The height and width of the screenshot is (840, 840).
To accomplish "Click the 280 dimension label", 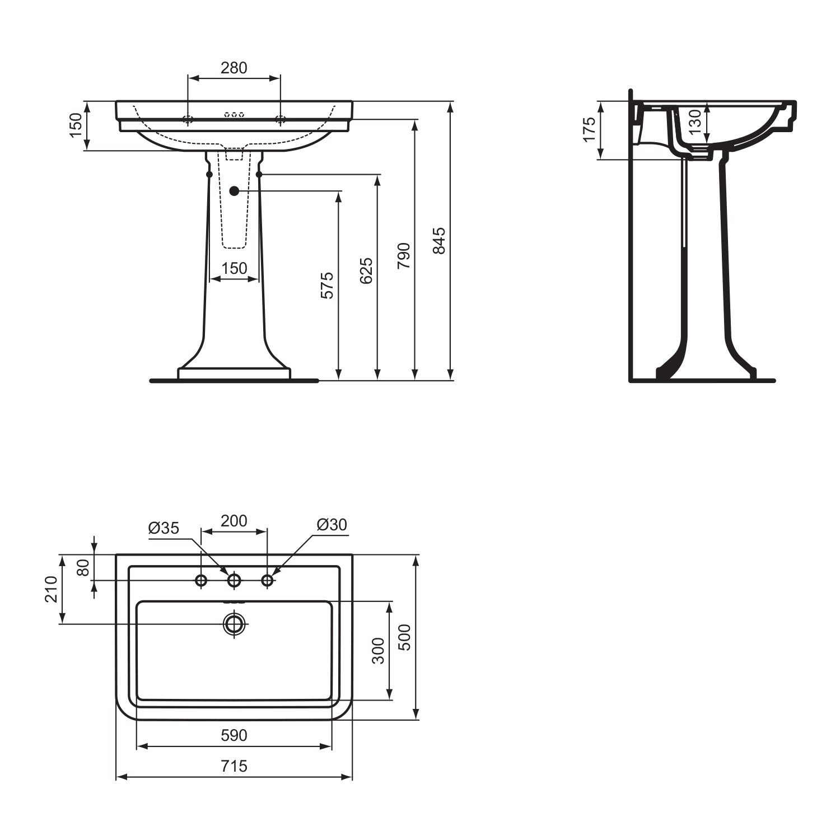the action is [x=234, y=68].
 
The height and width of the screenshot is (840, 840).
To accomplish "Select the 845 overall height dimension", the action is [x=440, y=240].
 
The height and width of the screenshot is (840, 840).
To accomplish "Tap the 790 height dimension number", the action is [x=404, y=255].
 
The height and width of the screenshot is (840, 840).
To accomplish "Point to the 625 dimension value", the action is [x=366, y=270].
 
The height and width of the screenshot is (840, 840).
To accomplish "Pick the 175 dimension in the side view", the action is [x=589, y=130].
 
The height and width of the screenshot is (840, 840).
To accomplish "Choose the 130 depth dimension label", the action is [x=694, y=122].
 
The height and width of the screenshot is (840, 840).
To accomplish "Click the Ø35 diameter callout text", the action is [x=164, y=528].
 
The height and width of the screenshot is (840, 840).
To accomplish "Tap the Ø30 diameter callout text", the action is [x=332, y=525].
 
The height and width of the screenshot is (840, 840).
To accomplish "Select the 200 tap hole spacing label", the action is [x=234, y=521].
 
